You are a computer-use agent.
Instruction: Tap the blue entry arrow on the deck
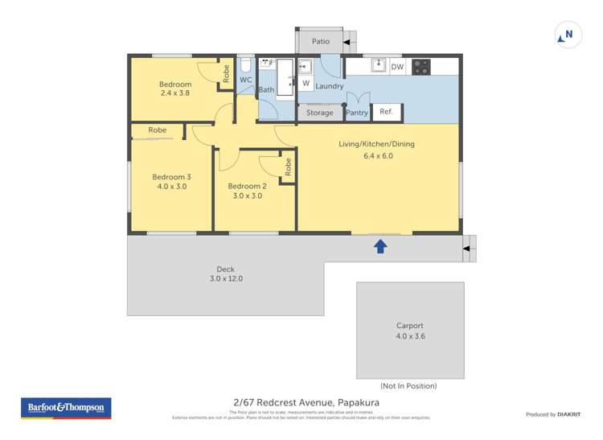coord(380,247)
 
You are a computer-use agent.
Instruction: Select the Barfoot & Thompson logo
coord(65,408)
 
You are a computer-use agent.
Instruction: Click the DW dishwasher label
coord(397,68)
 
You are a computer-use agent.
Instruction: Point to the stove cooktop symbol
coord(421,68)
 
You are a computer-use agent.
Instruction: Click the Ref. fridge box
coord(386,112)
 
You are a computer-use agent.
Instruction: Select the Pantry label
coord(356,113)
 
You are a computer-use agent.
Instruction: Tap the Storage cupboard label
coord(319,113)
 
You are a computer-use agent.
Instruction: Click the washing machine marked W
coord(306,83)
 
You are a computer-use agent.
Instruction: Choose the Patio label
coord(321,41)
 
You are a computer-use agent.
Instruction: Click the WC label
coord(245,80)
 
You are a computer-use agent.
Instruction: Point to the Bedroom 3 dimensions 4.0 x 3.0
coord(170,186)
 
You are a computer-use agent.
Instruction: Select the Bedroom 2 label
coord(248,186)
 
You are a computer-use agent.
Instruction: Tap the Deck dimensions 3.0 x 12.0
coord(224,279)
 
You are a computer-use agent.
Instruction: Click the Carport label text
coord(409,326)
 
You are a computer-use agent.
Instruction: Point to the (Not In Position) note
coord(408,386)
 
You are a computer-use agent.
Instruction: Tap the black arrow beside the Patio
coord(349,41)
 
